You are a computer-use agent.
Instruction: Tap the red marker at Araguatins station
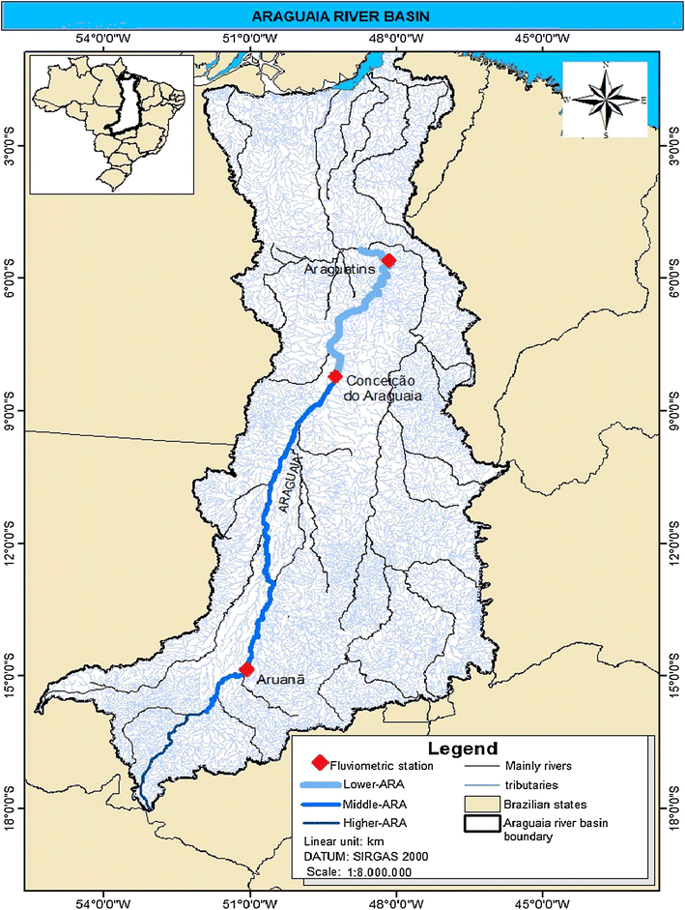pyautogui.click(x=388, y=260)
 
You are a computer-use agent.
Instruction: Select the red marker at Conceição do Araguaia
pyautogui.click(x=335, y=376)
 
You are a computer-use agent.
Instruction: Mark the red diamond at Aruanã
pyautogui.click(x=246, y=669)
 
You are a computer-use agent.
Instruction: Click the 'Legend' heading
pyautogui.click(x=466, y=749)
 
